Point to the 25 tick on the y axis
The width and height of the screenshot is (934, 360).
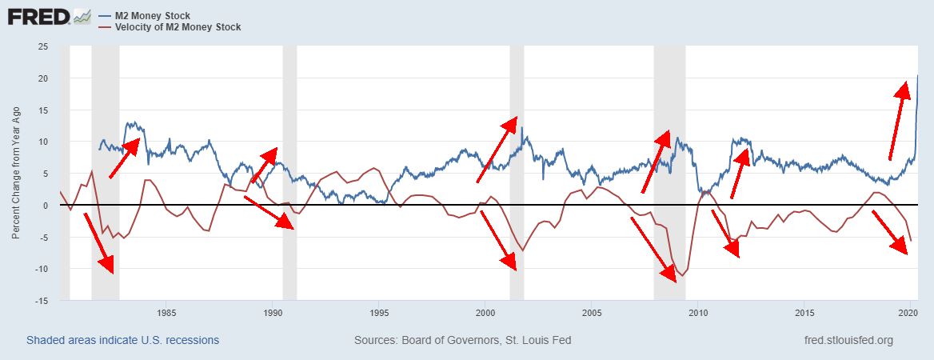tap(43, 46)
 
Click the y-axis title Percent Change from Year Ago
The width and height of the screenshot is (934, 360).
tap(16, 174)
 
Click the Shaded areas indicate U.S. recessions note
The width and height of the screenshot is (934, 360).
tap(123, 341)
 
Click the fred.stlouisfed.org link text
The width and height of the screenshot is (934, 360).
tap(848, 341)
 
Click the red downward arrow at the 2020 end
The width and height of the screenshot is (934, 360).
tap(891, 232)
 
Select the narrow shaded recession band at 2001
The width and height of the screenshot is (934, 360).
tap(517, 173)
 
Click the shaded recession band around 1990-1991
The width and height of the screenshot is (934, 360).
tap(289, 173)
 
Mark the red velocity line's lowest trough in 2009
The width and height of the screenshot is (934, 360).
tap(682, 276)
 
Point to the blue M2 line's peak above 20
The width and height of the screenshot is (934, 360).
tap(916, 75)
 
